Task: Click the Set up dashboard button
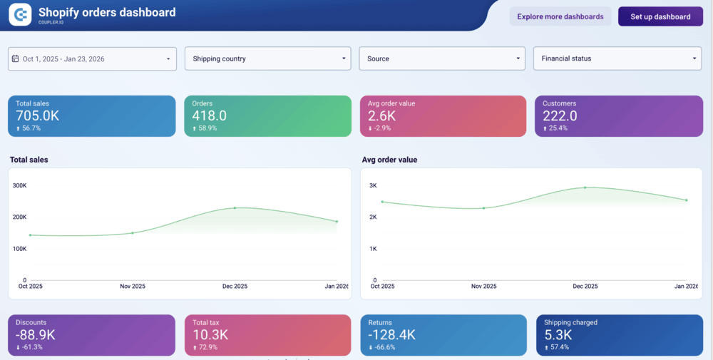(660, 16)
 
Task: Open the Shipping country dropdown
(267, 58)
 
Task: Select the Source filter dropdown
(442, 58)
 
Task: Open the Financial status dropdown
(617, 58)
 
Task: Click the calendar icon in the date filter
(16, 58)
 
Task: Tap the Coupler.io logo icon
(21, 14)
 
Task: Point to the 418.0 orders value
(210, 116)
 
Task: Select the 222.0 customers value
(560, 116)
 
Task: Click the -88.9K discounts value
(36, 335)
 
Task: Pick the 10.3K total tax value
(210, 335)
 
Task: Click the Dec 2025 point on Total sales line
(235, 208)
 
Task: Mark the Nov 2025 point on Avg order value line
(483, 208)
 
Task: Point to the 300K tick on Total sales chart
(19, 185)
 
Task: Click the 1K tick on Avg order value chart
(372, 249)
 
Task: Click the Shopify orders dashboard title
(107, 12)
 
